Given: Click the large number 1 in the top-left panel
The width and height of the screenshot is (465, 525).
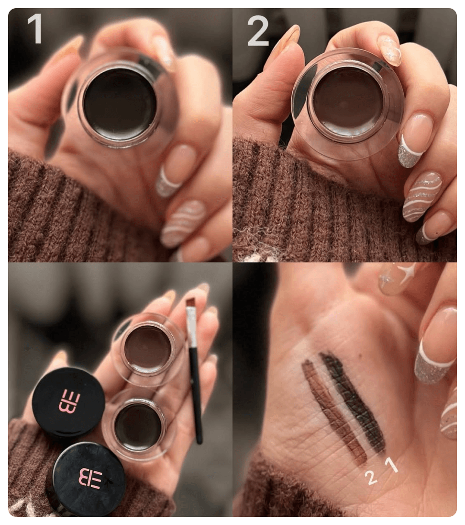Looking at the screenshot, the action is click(x=35, y=29).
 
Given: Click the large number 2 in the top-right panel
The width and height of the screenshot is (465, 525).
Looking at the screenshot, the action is click(x=258, y=31).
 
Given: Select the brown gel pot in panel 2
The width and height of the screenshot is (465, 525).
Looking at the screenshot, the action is click(x=347, y=104).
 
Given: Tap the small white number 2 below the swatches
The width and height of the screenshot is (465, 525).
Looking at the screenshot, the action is click(x=371, y=477).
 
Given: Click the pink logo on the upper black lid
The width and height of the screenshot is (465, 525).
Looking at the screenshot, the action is click(x=69, y=402).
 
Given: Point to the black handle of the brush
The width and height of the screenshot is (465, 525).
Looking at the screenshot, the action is click(x=196, y=396).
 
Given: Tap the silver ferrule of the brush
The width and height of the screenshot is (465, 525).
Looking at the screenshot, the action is click(x=191, y=328).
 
